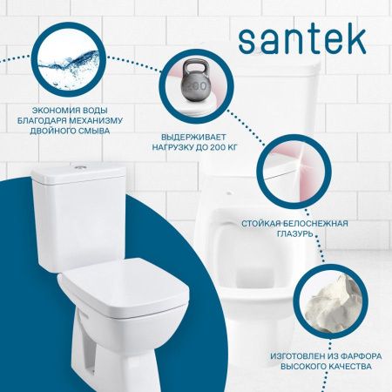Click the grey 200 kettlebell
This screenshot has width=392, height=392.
198,91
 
